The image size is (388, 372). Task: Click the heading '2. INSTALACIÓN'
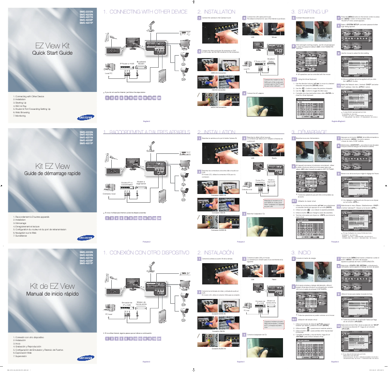pos(216,253)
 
